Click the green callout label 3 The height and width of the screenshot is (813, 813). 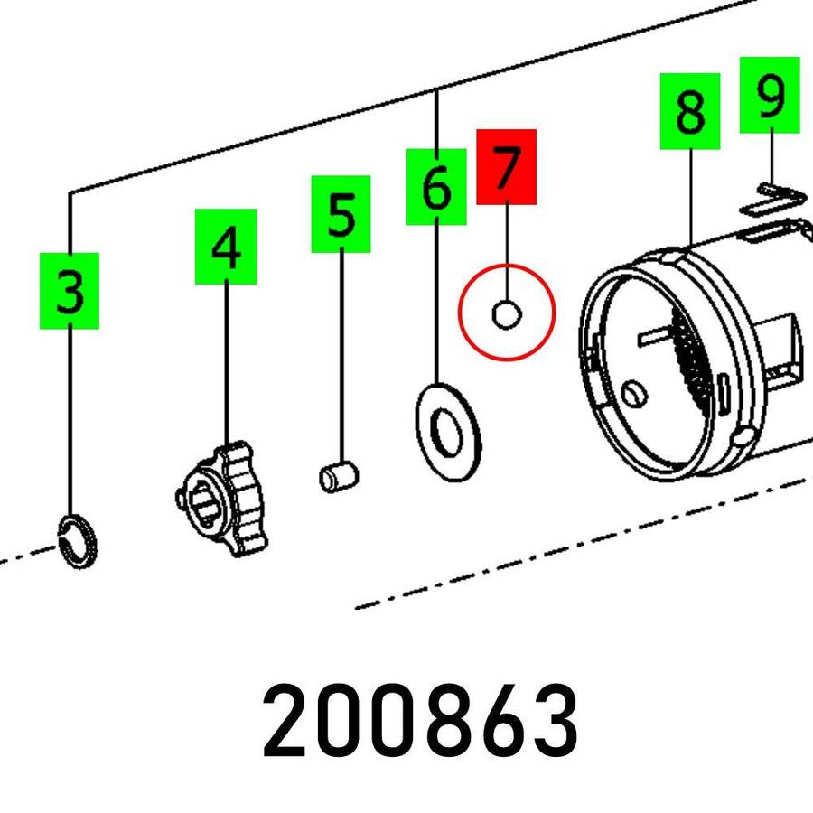69,291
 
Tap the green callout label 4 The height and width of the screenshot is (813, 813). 226,247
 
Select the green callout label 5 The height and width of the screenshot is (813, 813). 341,214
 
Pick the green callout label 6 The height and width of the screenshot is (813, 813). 435,186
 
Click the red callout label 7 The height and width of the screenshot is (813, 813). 506,166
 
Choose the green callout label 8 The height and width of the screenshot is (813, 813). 689,111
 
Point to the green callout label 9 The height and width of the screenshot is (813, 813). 770,94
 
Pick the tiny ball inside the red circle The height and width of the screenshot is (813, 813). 506,314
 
